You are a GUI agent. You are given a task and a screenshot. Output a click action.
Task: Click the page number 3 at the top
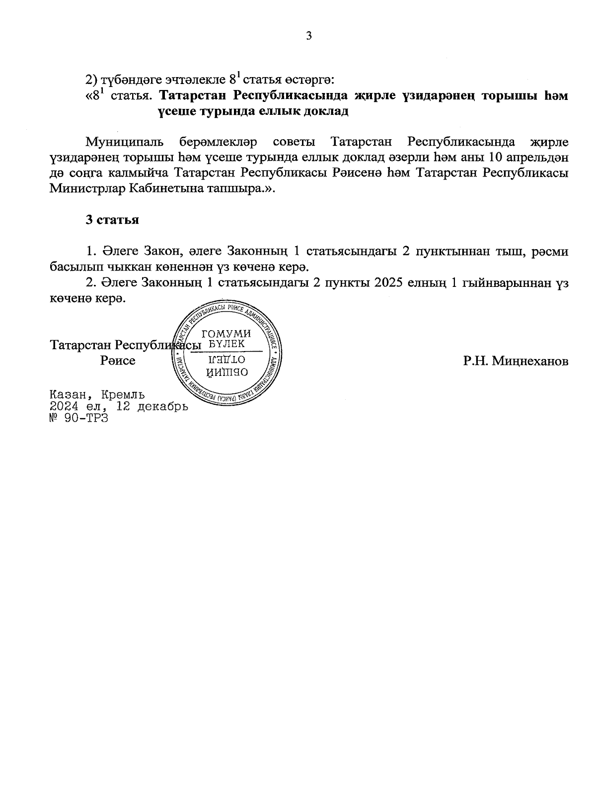pyautogui.click(x=308, y=36)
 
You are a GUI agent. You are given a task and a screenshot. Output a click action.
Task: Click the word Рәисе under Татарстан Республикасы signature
pyautogui.click(x=118, y=360)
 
